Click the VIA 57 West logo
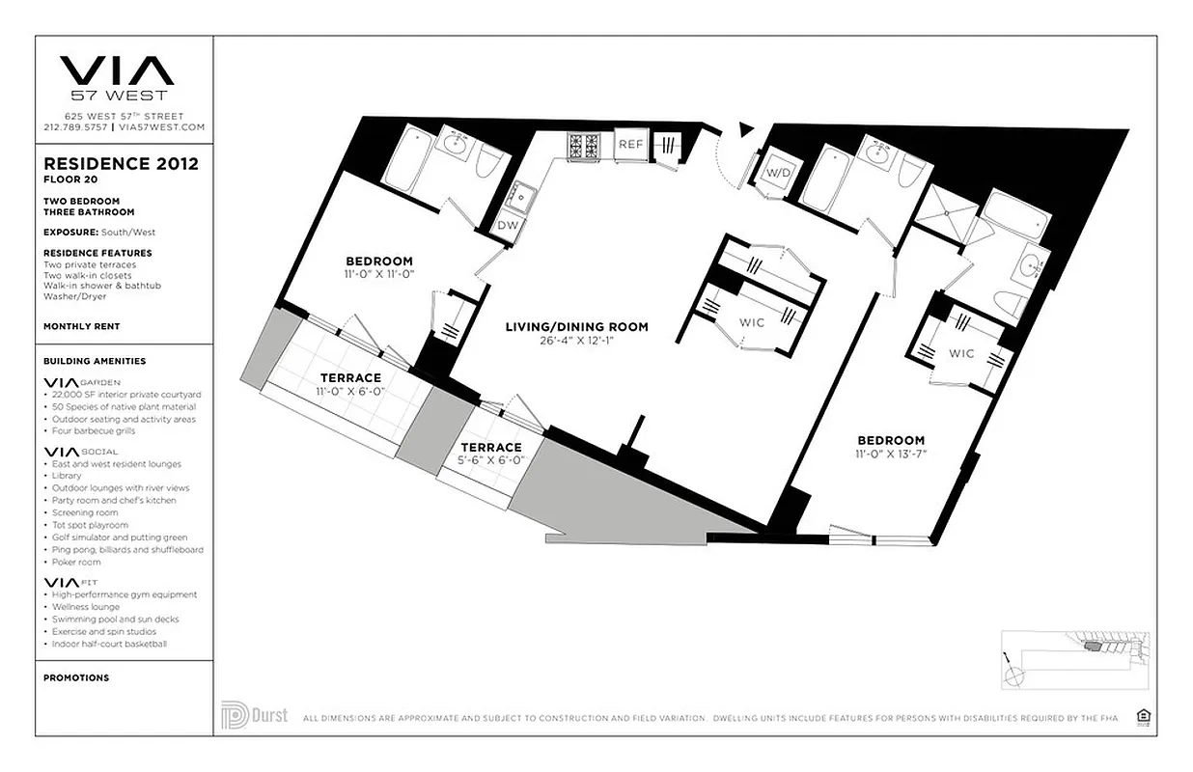click(117, 77)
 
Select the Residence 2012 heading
click(121, 164)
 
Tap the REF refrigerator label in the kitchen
click(630, 145)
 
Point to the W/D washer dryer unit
click(778, 173)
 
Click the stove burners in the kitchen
click(584, 146)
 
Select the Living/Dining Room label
click(576, 327)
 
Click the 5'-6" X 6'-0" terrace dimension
click(490, 460)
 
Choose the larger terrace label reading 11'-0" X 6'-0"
click(350, 391)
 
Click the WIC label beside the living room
click(752, 322)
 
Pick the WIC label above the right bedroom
click(960, 353)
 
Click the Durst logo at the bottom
click(254, 716)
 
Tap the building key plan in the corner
click(1073, 658)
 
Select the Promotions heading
click(76, 677)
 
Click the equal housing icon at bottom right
click(1145, 716)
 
